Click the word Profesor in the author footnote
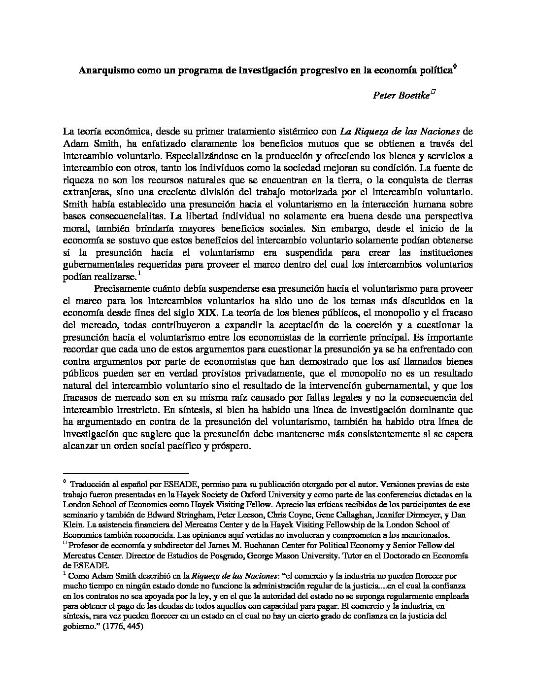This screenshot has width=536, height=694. tap(84, 546)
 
